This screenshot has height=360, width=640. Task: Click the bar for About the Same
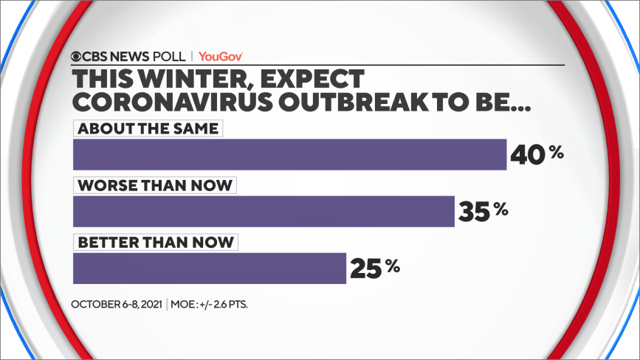pos(289,155)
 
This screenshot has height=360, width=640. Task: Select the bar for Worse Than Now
pos(264,212)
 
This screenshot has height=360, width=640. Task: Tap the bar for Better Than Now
pos(210,269)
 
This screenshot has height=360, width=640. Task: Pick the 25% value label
pos(375,267)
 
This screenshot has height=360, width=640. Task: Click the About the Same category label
pos(148,128)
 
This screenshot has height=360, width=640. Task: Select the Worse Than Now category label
pos(155,185)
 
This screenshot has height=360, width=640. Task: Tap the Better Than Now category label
pos(156,242)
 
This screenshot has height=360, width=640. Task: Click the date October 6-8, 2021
pos(118,303)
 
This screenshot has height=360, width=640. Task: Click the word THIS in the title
pos(103,77)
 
